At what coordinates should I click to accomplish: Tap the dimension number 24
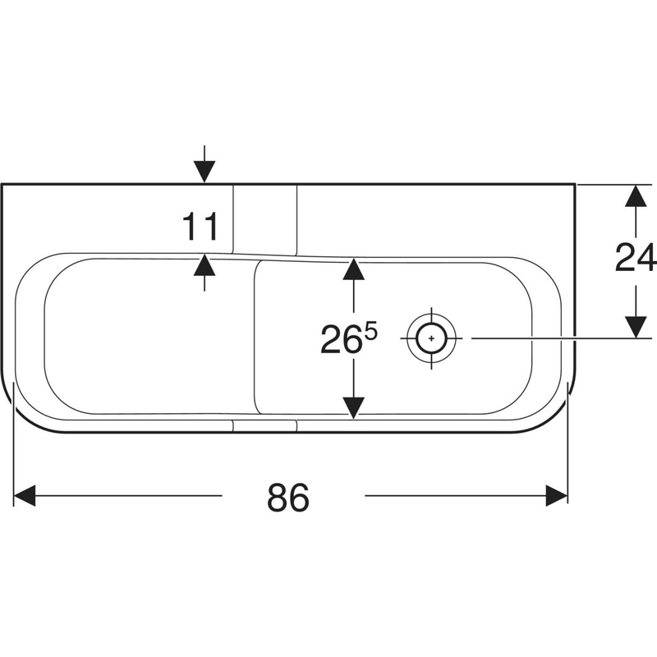[634, 260]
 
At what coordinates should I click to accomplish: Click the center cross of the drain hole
[430, 338]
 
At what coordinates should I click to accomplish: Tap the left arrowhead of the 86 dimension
[25, 495]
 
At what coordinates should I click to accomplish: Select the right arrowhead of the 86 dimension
[558, 495]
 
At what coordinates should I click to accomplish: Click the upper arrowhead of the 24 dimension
[633, 196]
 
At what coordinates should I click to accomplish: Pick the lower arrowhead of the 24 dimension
[633, 326]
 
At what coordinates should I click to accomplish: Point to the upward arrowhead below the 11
[204, 265]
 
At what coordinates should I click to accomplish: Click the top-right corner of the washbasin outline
[573, 185]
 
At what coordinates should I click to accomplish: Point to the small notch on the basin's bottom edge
[264, 424]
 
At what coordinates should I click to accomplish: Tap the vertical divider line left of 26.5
[256, 337]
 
